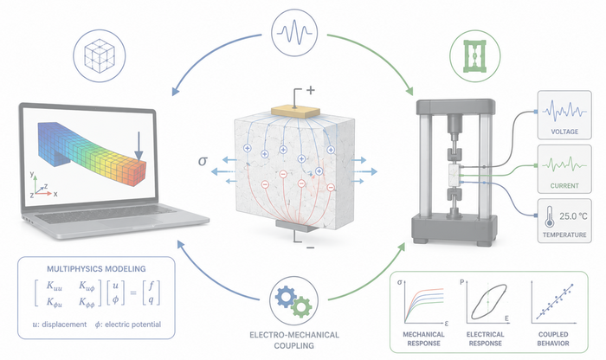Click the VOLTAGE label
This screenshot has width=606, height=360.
pyautogui.click(x=564, y=132)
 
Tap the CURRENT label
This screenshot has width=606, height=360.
pyautogui.click(x=564, y=186)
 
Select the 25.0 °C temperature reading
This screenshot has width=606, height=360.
pyautogui.click(x=573, y=216)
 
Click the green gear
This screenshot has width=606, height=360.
pyautogui.click(x=301, y=307)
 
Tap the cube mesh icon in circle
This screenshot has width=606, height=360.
pyautogui.click(x=100, y=55)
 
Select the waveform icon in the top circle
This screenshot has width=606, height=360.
pyautogui.click(x=294, y=31)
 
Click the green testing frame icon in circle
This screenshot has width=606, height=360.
pyautogui.click(x=475, y=56)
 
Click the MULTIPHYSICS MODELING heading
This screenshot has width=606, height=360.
pyautogui.click(x=96, y=269)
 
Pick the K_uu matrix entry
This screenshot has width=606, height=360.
pyautogui.click(x=54, y=286)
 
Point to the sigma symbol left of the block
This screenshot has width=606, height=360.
pyautogui.click(x=203, y=160)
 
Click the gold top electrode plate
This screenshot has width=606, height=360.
pyautogui.click(x=296, y=112)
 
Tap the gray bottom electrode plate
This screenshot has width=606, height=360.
pyautogui.click(x=297, y=225)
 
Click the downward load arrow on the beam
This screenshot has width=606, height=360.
pyautogui.click(x=139, y=145)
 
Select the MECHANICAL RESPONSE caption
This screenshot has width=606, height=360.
pyautogui.click(x=423, y=338)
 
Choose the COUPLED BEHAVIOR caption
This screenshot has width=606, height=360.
pyautogui.click(x=553, y=338)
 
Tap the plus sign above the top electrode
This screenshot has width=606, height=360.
pyautogui.click(x=310, y=90)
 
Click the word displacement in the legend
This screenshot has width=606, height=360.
pyautogui.click(x=64, y=325)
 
